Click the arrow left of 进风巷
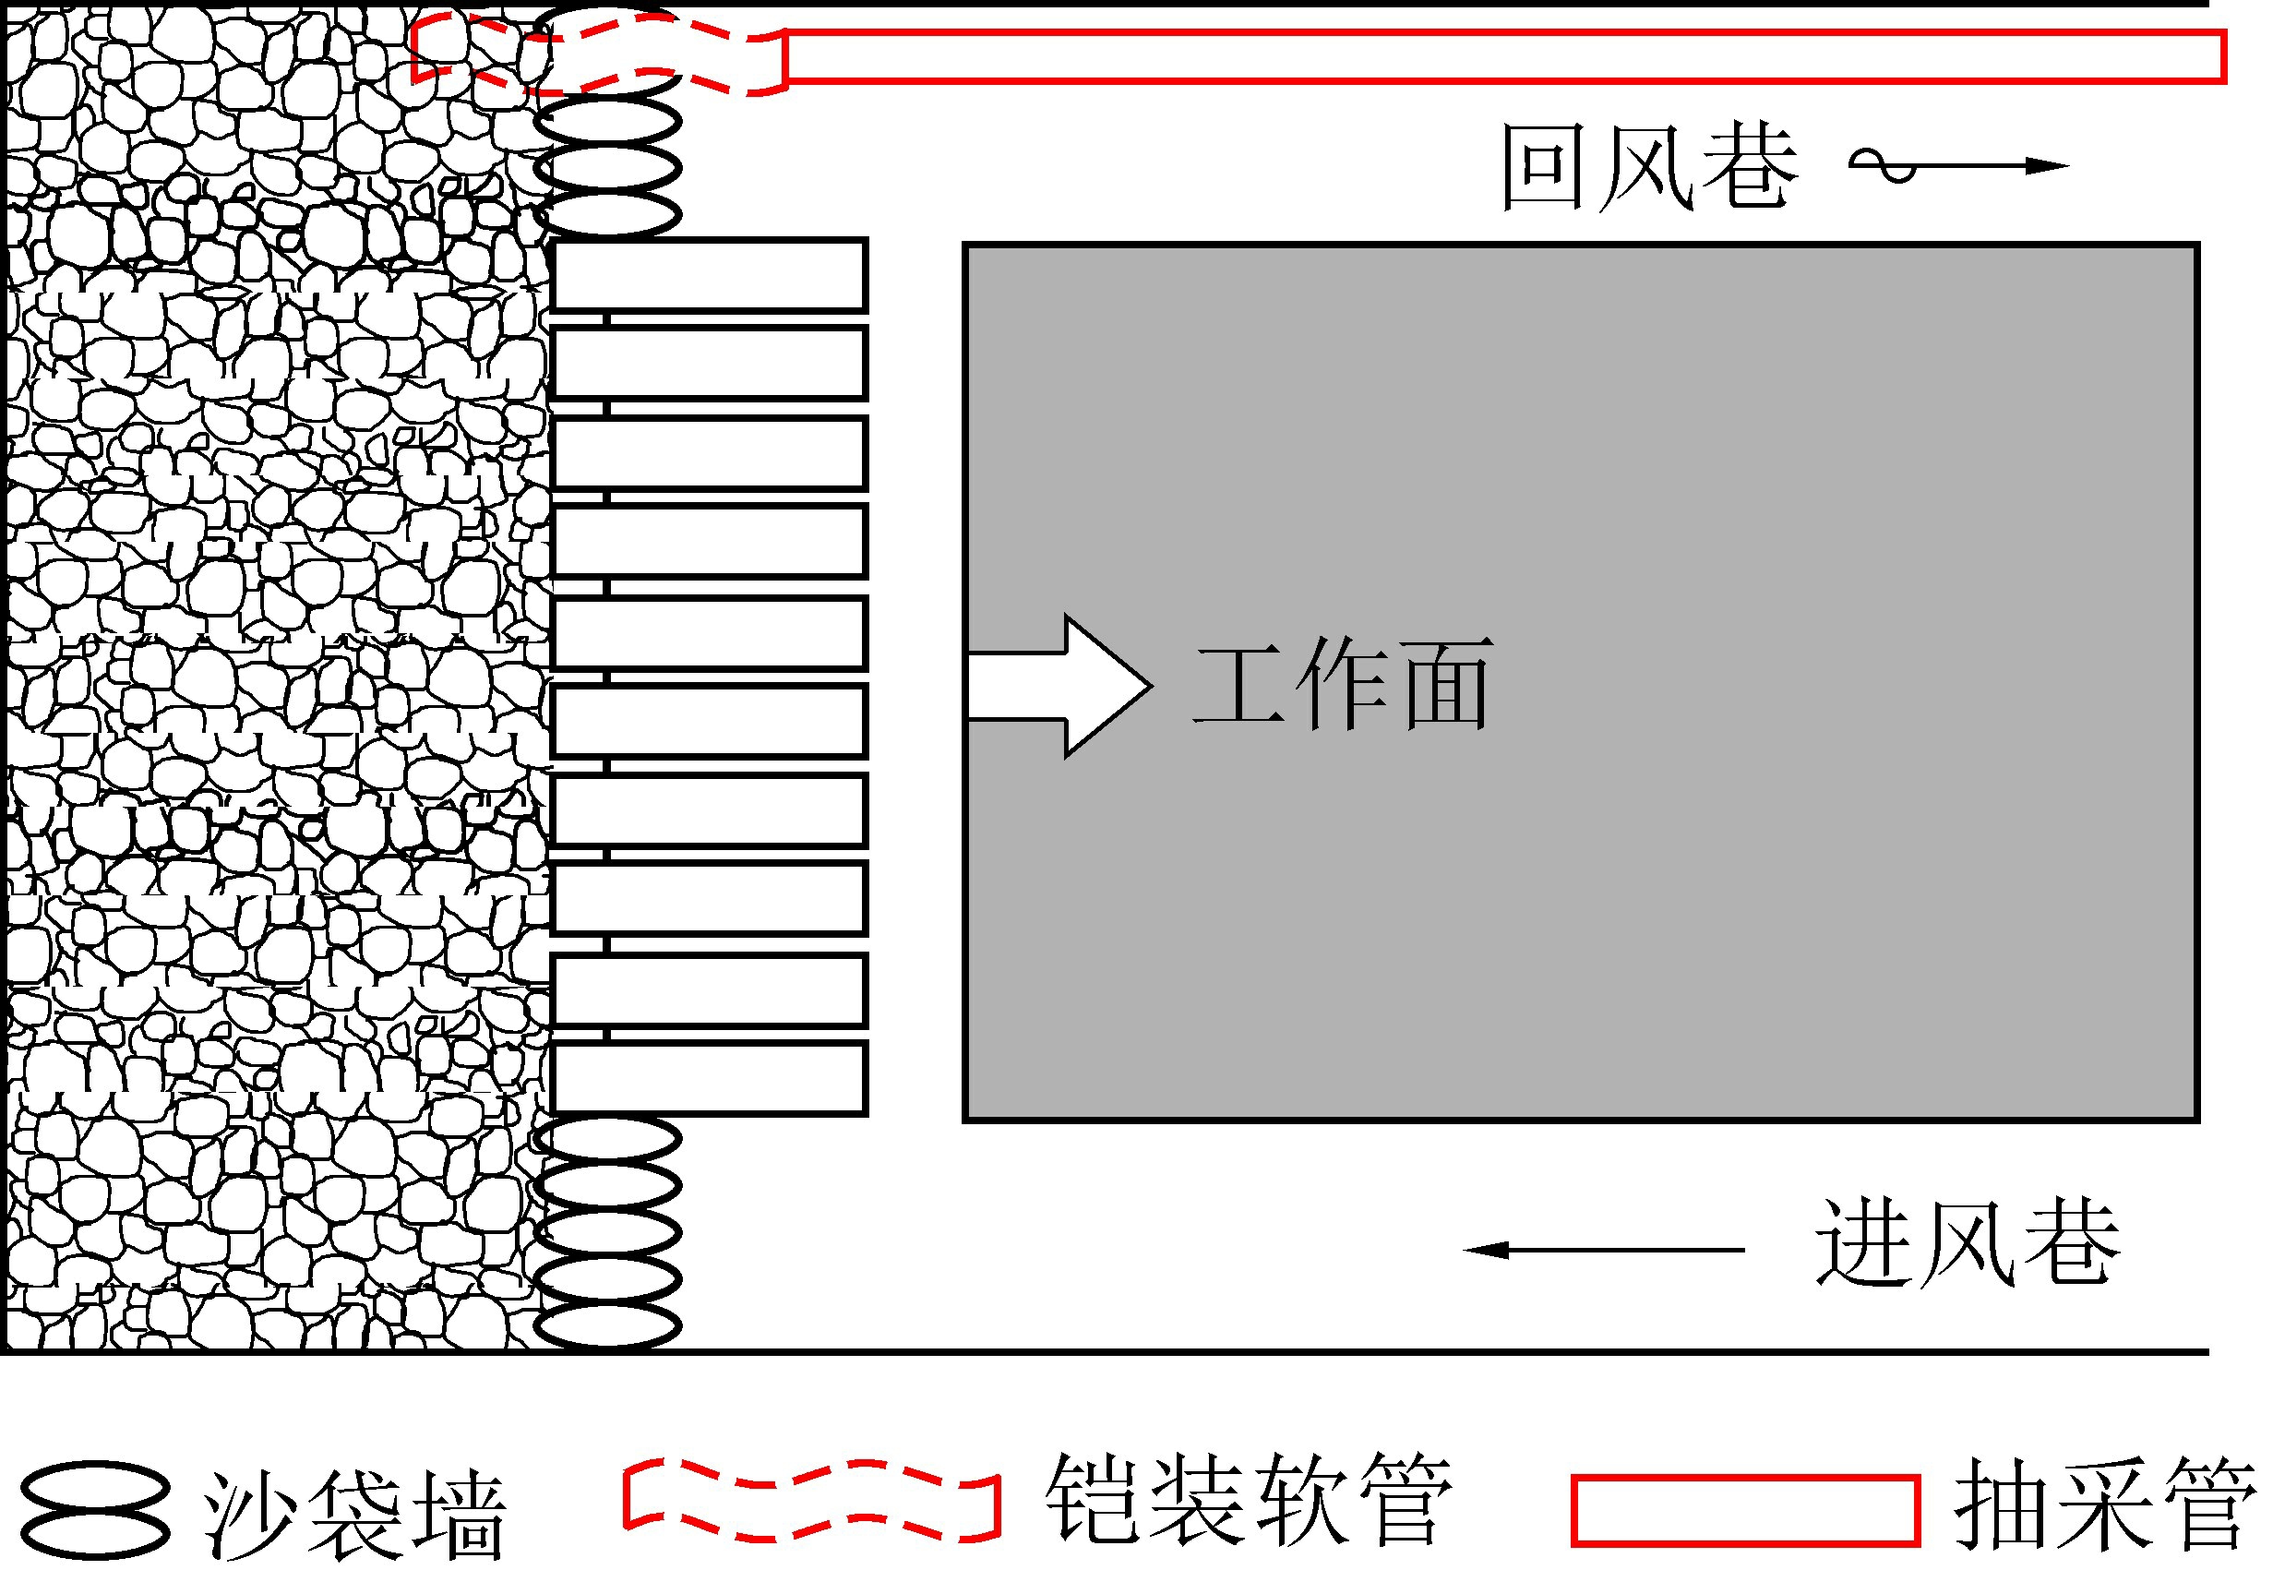coord(1603,1251)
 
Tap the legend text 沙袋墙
coord(354,1515)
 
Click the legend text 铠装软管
coord(1249,1499)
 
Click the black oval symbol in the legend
coord(96,1510)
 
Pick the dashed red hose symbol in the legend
coord(812,1501)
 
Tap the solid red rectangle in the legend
coord(1744,1510)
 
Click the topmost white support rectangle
coord(709,275)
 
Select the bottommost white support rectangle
coord(709,1078)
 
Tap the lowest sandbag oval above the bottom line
coord(608,1324)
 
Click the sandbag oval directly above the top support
coord(608,213)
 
